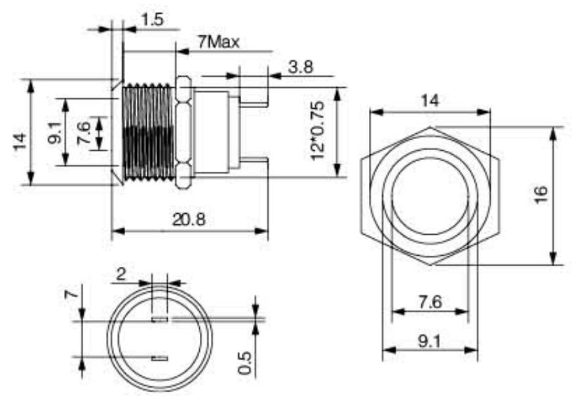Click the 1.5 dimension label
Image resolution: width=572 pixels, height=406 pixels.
(151, 20)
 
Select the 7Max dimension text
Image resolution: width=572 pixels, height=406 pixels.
(218, 42)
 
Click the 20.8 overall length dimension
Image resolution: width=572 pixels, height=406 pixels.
(189, 220)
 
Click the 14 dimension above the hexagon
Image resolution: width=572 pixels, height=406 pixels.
(429, 101)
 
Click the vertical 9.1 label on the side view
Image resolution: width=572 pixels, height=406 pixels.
(54, 133)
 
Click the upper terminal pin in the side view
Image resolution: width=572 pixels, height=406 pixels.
(254, 102)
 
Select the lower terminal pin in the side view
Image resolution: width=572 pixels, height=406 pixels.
(254, 161)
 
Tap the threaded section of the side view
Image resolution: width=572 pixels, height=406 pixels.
(149, 131)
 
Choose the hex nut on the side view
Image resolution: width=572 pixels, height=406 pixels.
(184, 131)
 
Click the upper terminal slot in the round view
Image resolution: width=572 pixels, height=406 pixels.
(159, 319)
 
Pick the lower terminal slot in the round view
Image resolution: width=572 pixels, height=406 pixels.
(159, 358)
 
